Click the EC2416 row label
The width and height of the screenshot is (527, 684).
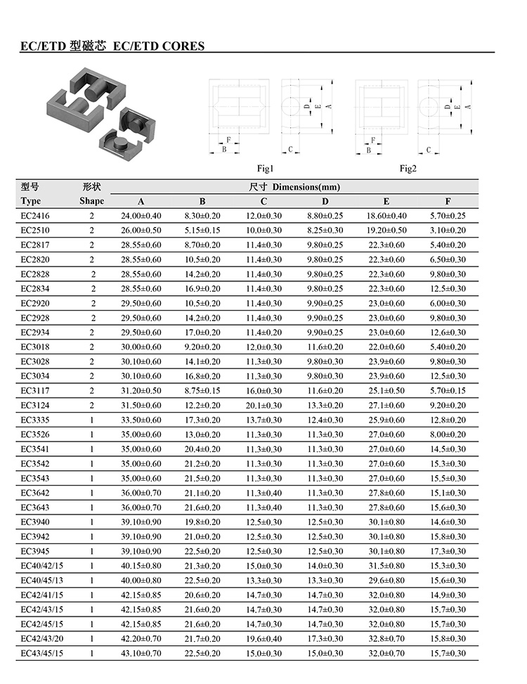[35, 216]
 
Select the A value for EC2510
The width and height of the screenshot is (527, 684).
[141, 230]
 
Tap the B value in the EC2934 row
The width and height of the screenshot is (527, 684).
[202, 333]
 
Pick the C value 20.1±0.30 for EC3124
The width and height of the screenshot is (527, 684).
[263, 406]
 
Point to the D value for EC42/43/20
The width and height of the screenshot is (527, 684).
[325, 639]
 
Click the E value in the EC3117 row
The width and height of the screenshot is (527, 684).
[386, 391]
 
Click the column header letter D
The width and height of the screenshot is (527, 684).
[325, 201]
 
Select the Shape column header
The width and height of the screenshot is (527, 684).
[91, 201]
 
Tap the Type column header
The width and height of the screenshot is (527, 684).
[32, 201]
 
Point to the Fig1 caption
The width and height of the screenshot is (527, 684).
[265, 169]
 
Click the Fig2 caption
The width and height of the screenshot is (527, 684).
[408, 169]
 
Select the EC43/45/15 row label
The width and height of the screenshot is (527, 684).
[42, 654]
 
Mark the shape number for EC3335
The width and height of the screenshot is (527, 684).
[91, 420]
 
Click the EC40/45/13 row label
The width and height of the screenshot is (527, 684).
[42, 581]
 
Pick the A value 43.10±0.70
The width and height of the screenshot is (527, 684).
[141, 654]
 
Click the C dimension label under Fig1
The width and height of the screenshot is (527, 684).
[289, 150]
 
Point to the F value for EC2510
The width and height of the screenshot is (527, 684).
[448, 230]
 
